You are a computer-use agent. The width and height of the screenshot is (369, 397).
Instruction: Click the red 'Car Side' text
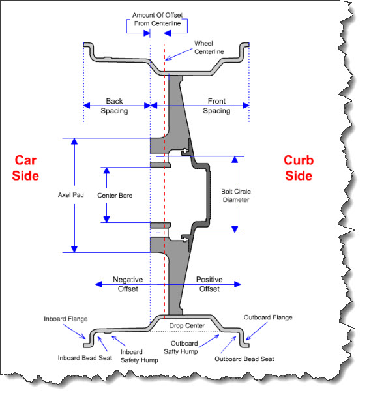(x=25, y=168)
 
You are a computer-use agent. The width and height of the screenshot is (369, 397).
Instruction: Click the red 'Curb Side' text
(x=299, y=168)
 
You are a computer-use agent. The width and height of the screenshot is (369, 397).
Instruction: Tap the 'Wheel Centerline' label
(x=209, y=48)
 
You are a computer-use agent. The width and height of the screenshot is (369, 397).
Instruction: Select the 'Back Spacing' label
(x=114, y=106)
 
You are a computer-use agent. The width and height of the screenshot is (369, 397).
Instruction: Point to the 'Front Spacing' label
(x=216, y=106)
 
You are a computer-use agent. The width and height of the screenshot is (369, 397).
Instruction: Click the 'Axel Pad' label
(x=71, y=195)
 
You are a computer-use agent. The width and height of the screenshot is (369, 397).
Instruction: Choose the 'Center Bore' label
(x=115, y=195)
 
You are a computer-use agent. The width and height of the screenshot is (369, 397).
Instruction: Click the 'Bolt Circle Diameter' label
(x=236, y=196)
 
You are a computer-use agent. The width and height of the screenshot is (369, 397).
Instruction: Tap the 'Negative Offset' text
(x=128, y=284)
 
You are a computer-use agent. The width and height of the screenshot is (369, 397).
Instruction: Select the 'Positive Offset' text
(x=209, y=284)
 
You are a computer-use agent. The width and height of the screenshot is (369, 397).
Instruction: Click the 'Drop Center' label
(x=186, y=325)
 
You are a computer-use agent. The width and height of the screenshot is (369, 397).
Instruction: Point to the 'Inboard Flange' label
(x=66, y=319)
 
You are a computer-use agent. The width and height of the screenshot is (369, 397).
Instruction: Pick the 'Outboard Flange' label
(x=268, y=317)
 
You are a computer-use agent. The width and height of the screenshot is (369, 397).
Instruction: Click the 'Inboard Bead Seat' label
(x=85, y=358)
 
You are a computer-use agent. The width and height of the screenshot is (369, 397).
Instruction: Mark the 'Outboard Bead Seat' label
(x=244, y=359)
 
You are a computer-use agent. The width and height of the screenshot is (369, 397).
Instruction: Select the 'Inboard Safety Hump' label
(x=140, y=356)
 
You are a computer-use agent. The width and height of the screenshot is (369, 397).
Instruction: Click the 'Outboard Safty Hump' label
(x=181, y=347)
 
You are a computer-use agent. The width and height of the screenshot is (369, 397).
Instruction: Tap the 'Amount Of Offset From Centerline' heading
(x=157, y=20)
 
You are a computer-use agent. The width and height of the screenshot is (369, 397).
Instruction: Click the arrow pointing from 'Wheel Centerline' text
(x=179, y=55)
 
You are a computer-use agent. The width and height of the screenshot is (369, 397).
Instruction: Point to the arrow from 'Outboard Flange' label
(x=256, y=331)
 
